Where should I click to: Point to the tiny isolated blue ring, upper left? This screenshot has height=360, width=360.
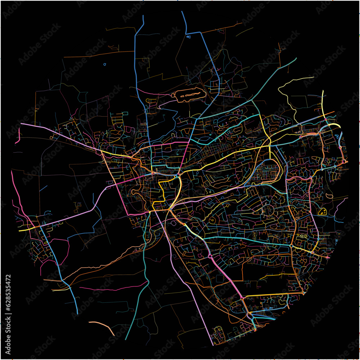click(105, 64)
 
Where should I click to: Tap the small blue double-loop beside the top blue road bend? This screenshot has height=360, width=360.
click(188, 36)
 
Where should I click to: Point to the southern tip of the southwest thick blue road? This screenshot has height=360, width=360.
click(77, 313)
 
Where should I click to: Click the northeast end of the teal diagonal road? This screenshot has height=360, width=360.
click(296, 58)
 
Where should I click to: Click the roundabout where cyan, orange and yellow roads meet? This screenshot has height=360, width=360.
click(291, 247)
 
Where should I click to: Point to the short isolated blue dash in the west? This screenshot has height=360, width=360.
click(43, 188)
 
